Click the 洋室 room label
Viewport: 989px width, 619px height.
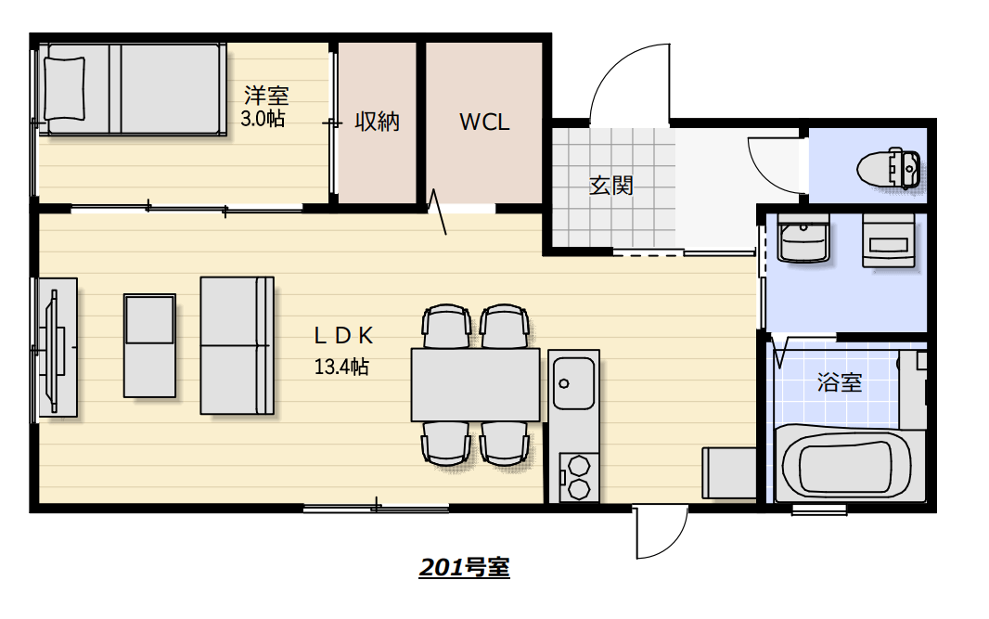click(266, 96)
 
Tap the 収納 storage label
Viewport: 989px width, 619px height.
click(378, 122)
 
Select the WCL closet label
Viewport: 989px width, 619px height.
click(484, 122)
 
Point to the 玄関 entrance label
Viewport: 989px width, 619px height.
click(610, 186)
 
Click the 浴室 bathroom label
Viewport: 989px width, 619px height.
click(840, 382)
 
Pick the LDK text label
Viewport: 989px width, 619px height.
click(344, 336)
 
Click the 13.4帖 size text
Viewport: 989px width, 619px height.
click(341, 367)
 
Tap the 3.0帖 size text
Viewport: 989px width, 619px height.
click(263, 118)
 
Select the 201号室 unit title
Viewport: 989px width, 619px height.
click(464, 567)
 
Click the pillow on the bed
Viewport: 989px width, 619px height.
click(65, 88)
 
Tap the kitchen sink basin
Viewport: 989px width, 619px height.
click(573, 383)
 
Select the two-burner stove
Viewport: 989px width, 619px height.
click(578, 476)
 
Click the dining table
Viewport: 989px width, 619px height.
click(476, 384)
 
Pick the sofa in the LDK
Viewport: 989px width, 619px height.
click(238, 345)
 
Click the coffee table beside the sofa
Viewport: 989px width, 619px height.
click(149, 345)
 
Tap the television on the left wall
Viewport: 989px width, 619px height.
click(56, 348)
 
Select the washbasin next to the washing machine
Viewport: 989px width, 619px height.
click(803, 238)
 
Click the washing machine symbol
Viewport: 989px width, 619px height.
click(889, 241)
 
